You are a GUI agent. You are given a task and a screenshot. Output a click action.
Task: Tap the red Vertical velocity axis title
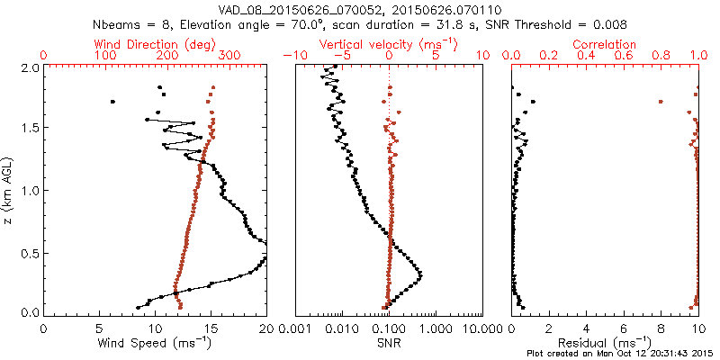click(x=389, y=44)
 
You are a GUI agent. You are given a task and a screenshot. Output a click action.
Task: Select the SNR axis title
click(x=387, y=342)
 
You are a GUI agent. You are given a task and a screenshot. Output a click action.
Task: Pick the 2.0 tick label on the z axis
click(x=29, y=67)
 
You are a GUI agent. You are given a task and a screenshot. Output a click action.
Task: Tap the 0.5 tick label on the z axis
click(x=29, y=254)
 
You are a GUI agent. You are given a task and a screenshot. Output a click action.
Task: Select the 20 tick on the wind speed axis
click(x=266, y=328)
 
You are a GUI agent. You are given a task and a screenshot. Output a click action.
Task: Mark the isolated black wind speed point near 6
click(x=112, y=102)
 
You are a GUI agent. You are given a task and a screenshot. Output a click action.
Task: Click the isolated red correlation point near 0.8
click(x=661, y=102)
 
